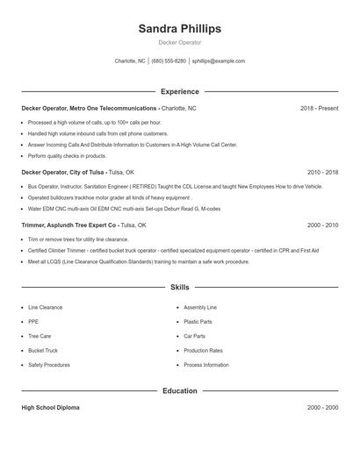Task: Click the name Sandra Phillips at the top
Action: (179, 29)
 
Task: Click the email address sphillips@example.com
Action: (218, 61)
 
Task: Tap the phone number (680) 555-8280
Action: (169, 61)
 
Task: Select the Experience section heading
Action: (179, 91)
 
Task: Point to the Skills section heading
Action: (179, 287)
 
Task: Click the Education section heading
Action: (179, 390)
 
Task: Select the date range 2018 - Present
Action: (319, 108)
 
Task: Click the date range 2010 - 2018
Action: (322, 173)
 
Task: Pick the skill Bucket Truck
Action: (43, 350)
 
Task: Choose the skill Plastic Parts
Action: (198, 322)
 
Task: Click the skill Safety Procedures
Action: (48, 364)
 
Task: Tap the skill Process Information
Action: (206, 364)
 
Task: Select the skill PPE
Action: (33, 322)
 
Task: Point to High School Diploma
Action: (50, 408)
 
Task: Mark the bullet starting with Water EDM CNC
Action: (125, 209)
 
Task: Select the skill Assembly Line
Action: (200, 308)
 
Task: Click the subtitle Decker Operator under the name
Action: (179, 42)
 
